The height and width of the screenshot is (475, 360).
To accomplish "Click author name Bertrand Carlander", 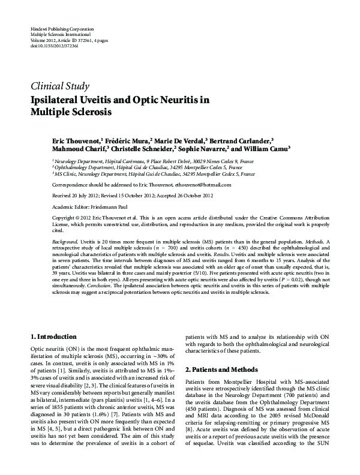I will (x=244, y=140).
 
